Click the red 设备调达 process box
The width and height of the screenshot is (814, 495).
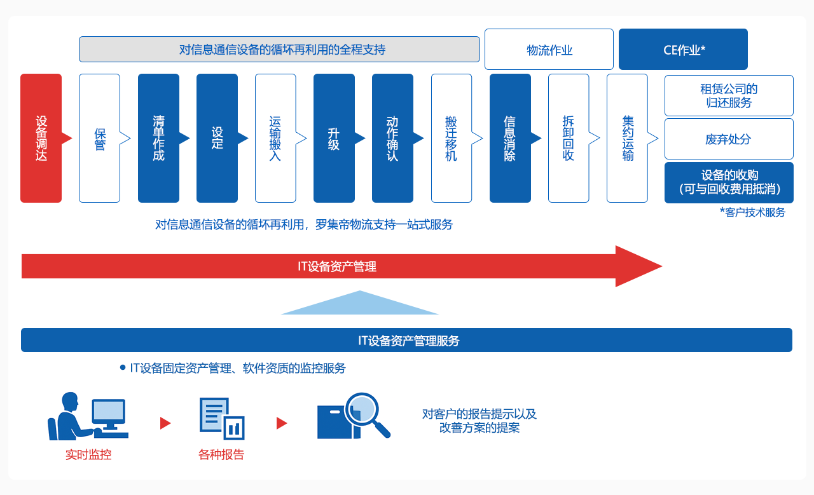click(x=41, y=138)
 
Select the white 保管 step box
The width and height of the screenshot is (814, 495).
click(x=99, y=138)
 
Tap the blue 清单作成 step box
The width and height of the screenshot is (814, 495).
click(x=158, y=138)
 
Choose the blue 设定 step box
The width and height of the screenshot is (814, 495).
click(x=217, y=138)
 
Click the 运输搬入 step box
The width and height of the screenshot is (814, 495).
click(x=275, y=138)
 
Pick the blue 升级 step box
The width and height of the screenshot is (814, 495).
click(x=334, y=138)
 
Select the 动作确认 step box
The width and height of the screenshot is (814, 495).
click(x=392, y=138)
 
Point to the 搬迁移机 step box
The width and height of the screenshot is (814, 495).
click(x=452, y=138)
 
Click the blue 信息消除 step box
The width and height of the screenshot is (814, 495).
click(x=510, y=138)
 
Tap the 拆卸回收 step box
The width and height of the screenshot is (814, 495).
click(x=569, y=138)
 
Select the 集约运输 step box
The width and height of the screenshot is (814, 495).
click(x=627, y=138)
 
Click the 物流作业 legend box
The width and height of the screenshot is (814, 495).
click(x=549, y=50)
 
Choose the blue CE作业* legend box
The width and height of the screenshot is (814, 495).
click(x=683, y=50)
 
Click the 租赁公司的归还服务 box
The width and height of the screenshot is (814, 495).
click(x=729, y=95)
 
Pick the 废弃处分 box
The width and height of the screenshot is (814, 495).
click(x=729, y=139)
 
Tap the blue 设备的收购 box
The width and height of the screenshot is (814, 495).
click(x=729, y=182)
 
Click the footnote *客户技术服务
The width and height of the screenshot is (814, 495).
click(x=752, y=212)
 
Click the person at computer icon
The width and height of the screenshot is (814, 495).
click(x=88, y=416)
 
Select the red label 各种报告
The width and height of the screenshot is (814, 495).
click(x=221, y=454)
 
